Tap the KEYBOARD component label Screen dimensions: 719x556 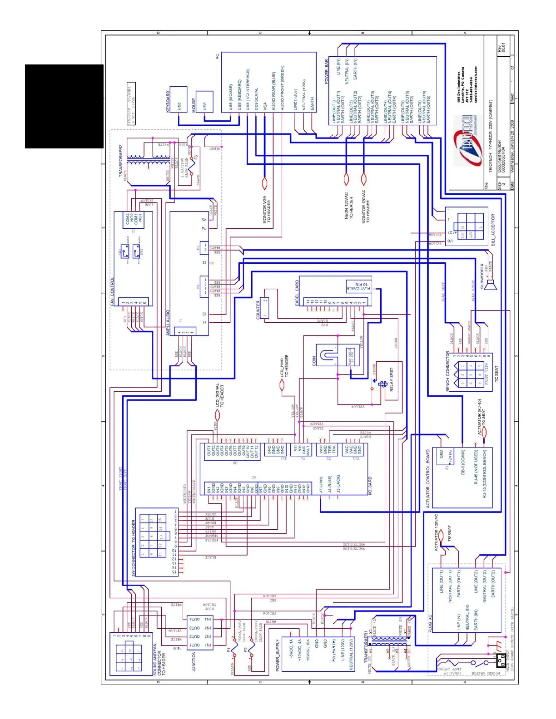pos(168,101)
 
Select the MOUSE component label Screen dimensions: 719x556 pos(194,105)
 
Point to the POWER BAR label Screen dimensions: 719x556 pos(326,71)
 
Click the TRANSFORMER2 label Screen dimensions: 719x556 pos(121,161)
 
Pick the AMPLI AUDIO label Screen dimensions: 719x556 pos(168,323)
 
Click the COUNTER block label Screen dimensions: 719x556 pos(258,310)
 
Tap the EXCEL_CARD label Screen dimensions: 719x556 pos(298,293)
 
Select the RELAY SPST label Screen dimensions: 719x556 pos(392,380)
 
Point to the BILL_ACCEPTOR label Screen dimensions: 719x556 pos(493,230)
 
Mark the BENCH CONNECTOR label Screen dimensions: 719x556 pos(447,371)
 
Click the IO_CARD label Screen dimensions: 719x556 pos(370,486)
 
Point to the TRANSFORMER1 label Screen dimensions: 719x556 pos(366,646)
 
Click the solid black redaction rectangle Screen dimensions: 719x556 pos(64,106)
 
